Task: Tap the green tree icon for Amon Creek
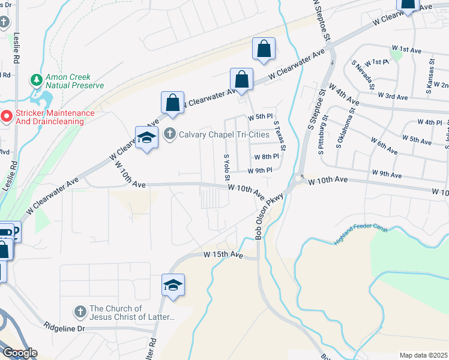click(37, 80)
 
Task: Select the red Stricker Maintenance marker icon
click(6, 116)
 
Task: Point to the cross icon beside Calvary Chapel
click(170, 133)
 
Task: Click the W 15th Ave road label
click(223, 255)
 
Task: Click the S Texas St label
click(279, 137)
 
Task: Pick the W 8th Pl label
click(267, 156)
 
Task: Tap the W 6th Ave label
click(384, 147)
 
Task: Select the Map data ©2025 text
click(423, 355)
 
